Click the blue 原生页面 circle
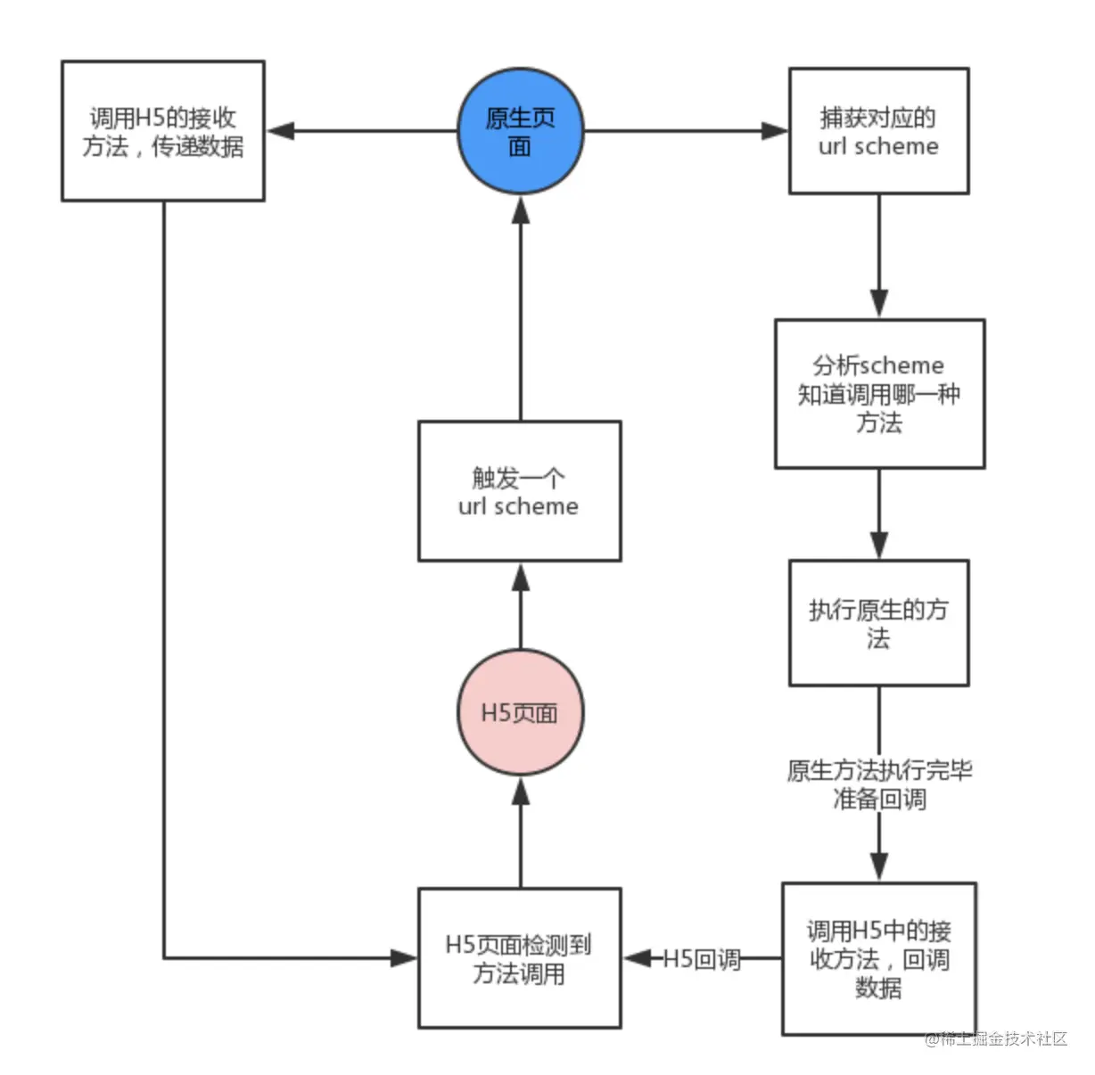pyautogui.click(x=520, y=131)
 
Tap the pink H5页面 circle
pyautogui.click(x=520, y=712)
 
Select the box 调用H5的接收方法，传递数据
pyautogui.click(x=162, y=131)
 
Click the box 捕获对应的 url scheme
pyautogui.click(x=878, y=131)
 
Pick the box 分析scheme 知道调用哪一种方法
pyautogui.click(x=879, y=393)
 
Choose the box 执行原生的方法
pyautogui.click(x=878, y=623)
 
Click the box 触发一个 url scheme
pyautogui.click(x=519, y=491)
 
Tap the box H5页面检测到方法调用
pyautogui.click(x=519, y=958)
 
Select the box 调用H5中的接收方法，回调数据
pyautogui.click(x=879, y=959)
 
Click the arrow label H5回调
pyautogui.click(x=702, y=959)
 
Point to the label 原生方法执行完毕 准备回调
pyautogui.click(x=879, y=784)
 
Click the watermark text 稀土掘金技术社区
pyautogui.click(x=996, y=1038)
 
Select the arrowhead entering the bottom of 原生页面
pyautogui.click(x=521, y=209)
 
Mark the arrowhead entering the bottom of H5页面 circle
pyautogui.click(x=521, y=792)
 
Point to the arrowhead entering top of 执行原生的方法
pyautogui.click(x=879, y=545)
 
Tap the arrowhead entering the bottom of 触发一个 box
pyautogui.click(x=521, y=577)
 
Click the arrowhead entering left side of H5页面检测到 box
pyautogui.click(x=405, y=958)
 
